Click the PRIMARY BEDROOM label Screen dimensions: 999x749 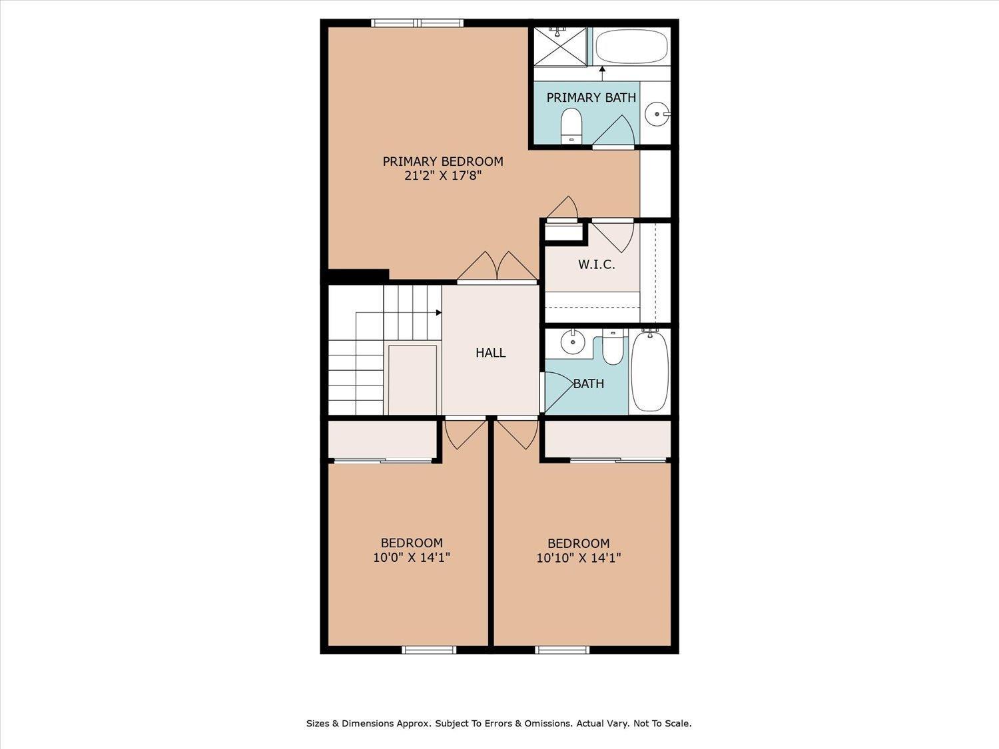pos(443,161)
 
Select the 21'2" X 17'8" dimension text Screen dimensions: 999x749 pos(443,176)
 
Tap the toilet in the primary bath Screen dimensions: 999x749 pos(571,126)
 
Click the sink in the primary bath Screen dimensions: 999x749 pos(658,114)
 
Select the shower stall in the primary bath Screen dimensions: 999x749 pos(560,47)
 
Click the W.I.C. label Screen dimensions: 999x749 pos(597,265)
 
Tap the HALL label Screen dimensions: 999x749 pos(491,353)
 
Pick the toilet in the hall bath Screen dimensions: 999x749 pos(613,348)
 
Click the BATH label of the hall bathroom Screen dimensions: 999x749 pos(589,384)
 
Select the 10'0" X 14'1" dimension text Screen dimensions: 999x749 pos(412,557)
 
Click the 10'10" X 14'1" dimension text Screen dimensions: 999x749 pos(579,558)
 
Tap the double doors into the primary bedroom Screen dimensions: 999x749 pos(498,268)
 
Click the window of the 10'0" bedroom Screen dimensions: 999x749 pos(429,650)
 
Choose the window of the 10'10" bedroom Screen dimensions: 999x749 pos(563,650)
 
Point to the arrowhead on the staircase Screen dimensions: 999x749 pos(439,312)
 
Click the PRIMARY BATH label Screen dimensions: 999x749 pos(591,98)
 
